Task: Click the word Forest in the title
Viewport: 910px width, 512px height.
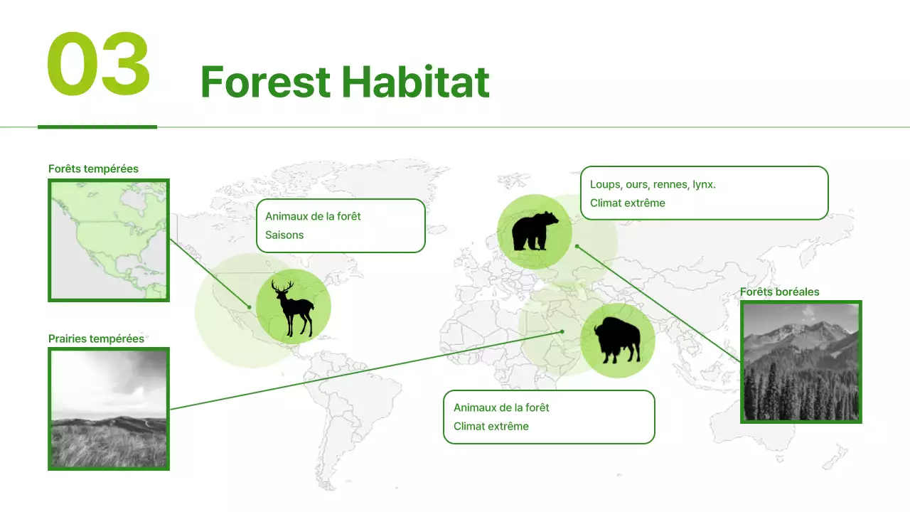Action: click(x=265, y=82)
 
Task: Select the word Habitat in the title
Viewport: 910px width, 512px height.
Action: click(x=415, y=82)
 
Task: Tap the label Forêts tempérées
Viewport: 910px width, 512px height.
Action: click(x=93, y=169)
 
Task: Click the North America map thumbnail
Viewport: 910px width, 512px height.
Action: click(x=109, y=240)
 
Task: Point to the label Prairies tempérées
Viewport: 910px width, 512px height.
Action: click(x=96, y=338)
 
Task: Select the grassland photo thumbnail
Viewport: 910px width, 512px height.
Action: click(x=109, y=409)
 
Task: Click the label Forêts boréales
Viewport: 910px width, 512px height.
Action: click(x=779, y=292)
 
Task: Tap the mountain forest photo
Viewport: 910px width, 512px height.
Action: click(x=801, y=362)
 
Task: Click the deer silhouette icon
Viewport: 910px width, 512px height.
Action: click(x=293, y=306)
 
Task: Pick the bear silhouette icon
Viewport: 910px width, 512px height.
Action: click(x=535, y=231)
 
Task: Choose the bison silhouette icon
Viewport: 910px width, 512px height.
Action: click(x=617, y=341)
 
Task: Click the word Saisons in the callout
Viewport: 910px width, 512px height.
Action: click(x=284, y=235)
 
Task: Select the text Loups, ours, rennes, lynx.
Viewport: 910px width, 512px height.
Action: click(x=653, y=185)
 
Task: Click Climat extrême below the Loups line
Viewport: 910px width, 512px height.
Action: click(x=627, y=203)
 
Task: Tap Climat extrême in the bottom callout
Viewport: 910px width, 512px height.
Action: click(x=491, y=427)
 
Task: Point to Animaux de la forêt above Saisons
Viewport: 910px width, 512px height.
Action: click(x=313, y=216)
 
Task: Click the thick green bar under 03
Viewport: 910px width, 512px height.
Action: click(x=97, y=127)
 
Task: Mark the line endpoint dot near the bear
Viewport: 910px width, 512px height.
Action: click(x=577, y=246)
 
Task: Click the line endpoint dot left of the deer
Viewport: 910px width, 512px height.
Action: click(x=250, y=307)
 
